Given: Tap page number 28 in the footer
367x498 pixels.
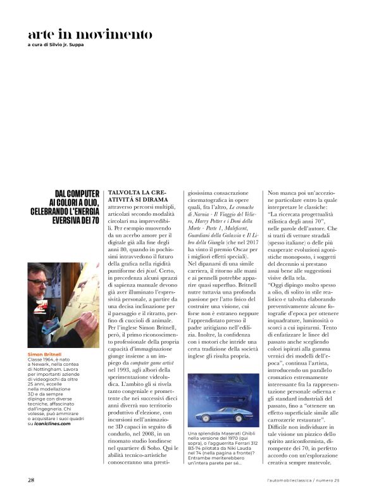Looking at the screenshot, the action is (32, 479).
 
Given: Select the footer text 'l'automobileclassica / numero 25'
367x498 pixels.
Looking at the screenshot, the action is (303, 480).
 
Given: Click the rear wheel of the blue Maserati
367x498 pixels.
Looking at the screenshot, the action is (244, 421).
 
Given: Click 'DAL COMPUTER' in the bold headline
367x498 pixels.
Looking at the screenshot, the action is (77, 193).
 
